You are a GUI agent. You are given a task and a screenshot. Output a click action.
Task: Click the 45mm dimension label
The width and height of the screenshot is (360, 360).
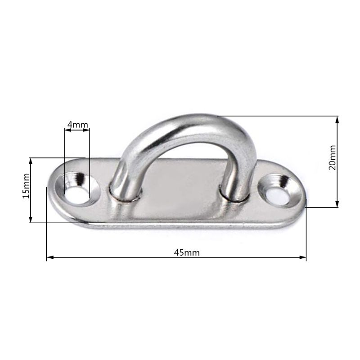[x=187, y=252]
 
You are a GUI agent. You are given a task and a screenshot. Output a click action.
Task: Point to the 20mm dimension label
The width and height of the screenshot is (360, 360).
[x=333, y=157]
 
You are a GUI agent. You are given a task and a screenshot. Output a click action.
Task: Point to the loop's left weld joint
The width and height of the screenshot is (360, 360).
[x=125, y=194]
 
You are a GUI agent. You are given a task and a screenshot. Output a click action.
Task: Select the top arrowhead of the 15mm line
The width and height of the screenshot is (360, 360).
[x=31, y=161]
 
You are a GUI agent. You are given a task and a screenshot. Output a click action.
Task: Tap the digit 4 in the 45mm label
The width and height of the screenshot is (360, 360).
[x=176, y=252]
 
